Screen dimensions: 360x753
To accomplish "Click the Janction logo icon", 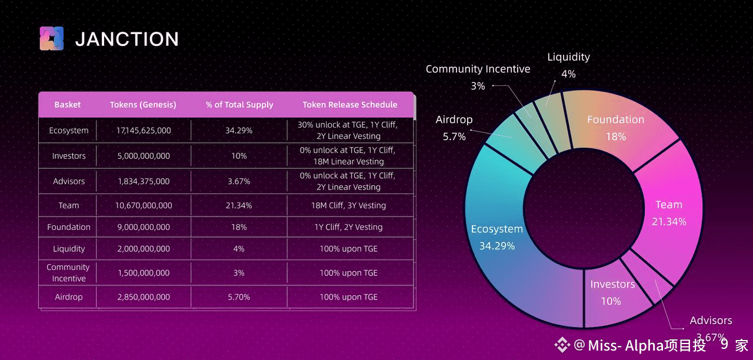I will click(51, 39).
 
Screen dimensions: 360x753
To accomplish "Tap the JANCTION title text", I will click(127, 39).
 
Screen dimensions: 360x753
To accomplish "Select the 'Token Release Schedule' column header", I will click(350, 105).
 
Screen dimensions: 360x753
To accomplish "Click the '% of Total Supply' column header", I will click(239, 105).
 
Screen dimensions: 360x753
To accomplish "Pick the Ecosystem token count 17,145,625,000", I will click(144, 131).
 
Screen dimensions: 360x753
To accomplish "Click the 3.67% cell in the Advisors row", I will click(239, 181).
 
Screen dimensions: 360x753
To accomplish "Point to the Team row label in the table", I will click(69, 205).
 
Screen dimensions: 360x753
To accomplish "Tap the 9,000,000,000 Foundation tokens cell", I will click(144, 227).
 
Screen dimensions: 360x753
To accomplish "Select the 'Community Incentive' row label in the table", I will click(68, 273).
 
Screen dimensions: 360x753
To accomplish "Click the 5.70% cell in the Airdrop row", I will click(239, 297).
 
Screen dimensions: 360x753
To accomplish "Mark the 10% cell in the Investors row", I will click(239, 156).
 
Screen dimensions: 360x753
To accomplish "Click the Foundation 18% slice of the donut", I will click(615, 128).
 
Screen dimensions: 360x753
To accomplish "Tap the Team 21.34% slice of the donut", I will click(669, 212).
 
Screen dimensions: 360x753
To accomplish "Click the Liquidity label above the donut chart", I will click(568, 57).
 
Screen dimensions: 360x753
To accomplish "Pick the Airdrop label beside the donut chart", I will click(454, 119).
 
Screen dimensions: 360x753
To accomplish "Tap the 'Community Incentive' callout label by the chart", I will click(478, 69).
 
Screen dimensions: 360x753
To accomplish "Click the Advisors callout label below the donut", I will click(711, 321).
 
